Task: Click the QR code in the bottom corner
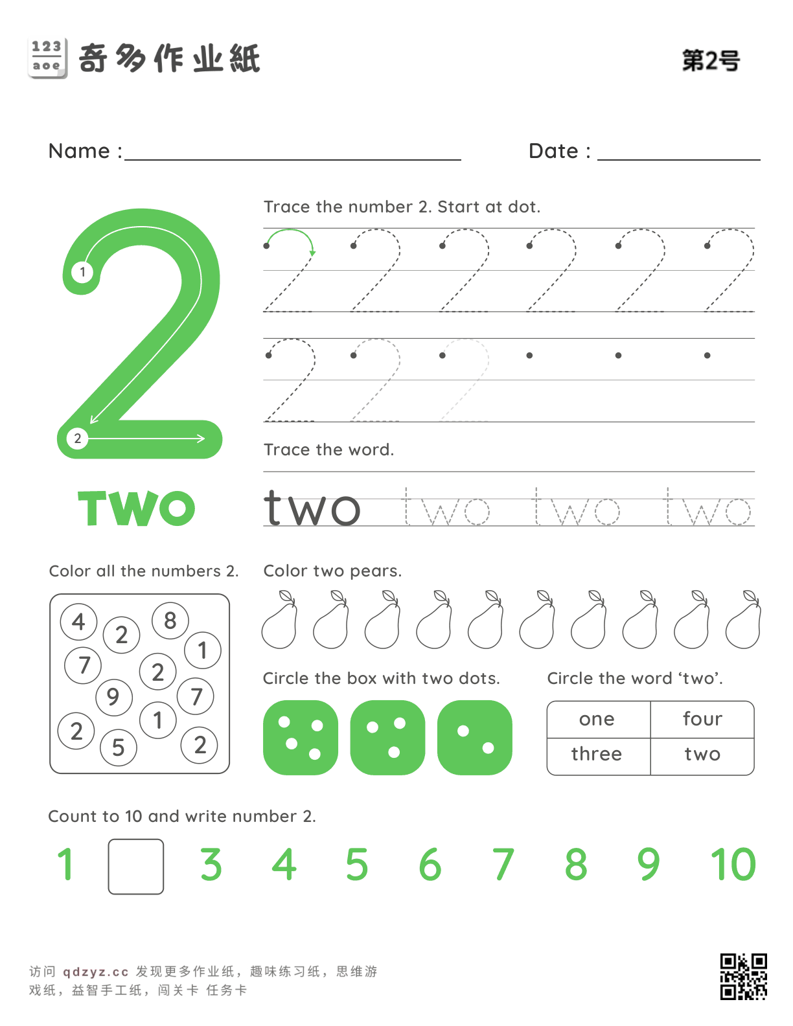(x=743, y=976)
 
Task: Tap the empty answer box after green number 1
(x=136, y=867)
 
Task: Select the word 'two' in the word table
(x=702, y=755)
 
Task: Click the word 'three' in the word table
(x=597, y=754)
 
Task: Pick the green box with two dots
(x=475, y=738)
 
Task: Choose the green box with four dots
(x=301, y=738)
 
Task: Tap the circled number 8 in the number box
(x=170, y=621)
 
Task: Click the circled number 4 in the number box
(x=78, y=621)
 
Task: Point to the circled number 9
(x=114, y=698)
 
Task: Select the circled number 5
(x=118, y=747)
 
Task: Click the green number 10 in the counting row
(x=733, y=865)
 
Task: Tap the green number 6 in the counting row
(x=430, y=865)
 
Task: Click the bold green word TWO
(x=136, y=508)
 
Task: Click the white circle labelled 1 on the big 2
(x=82, y=272)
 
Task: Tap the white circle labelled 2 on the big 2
(x=78, y=439)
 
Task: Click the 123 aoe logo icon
(x=47, y=58)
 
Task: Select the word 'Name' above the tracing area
(x=79, y=151)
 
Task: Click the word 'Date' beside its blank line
(x=553, y=151)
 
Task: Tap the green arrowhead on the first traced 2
(x=312, y=253)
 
